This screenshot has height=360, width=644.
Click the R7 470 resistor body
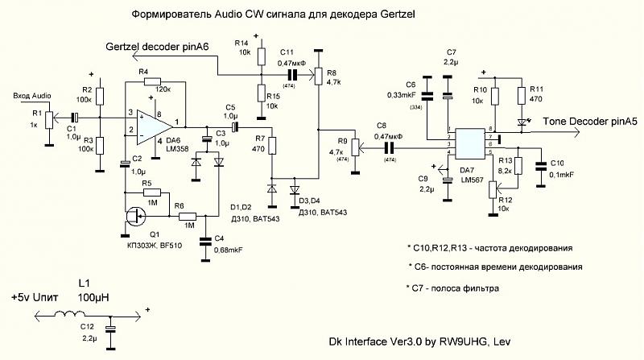[272, 146]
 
